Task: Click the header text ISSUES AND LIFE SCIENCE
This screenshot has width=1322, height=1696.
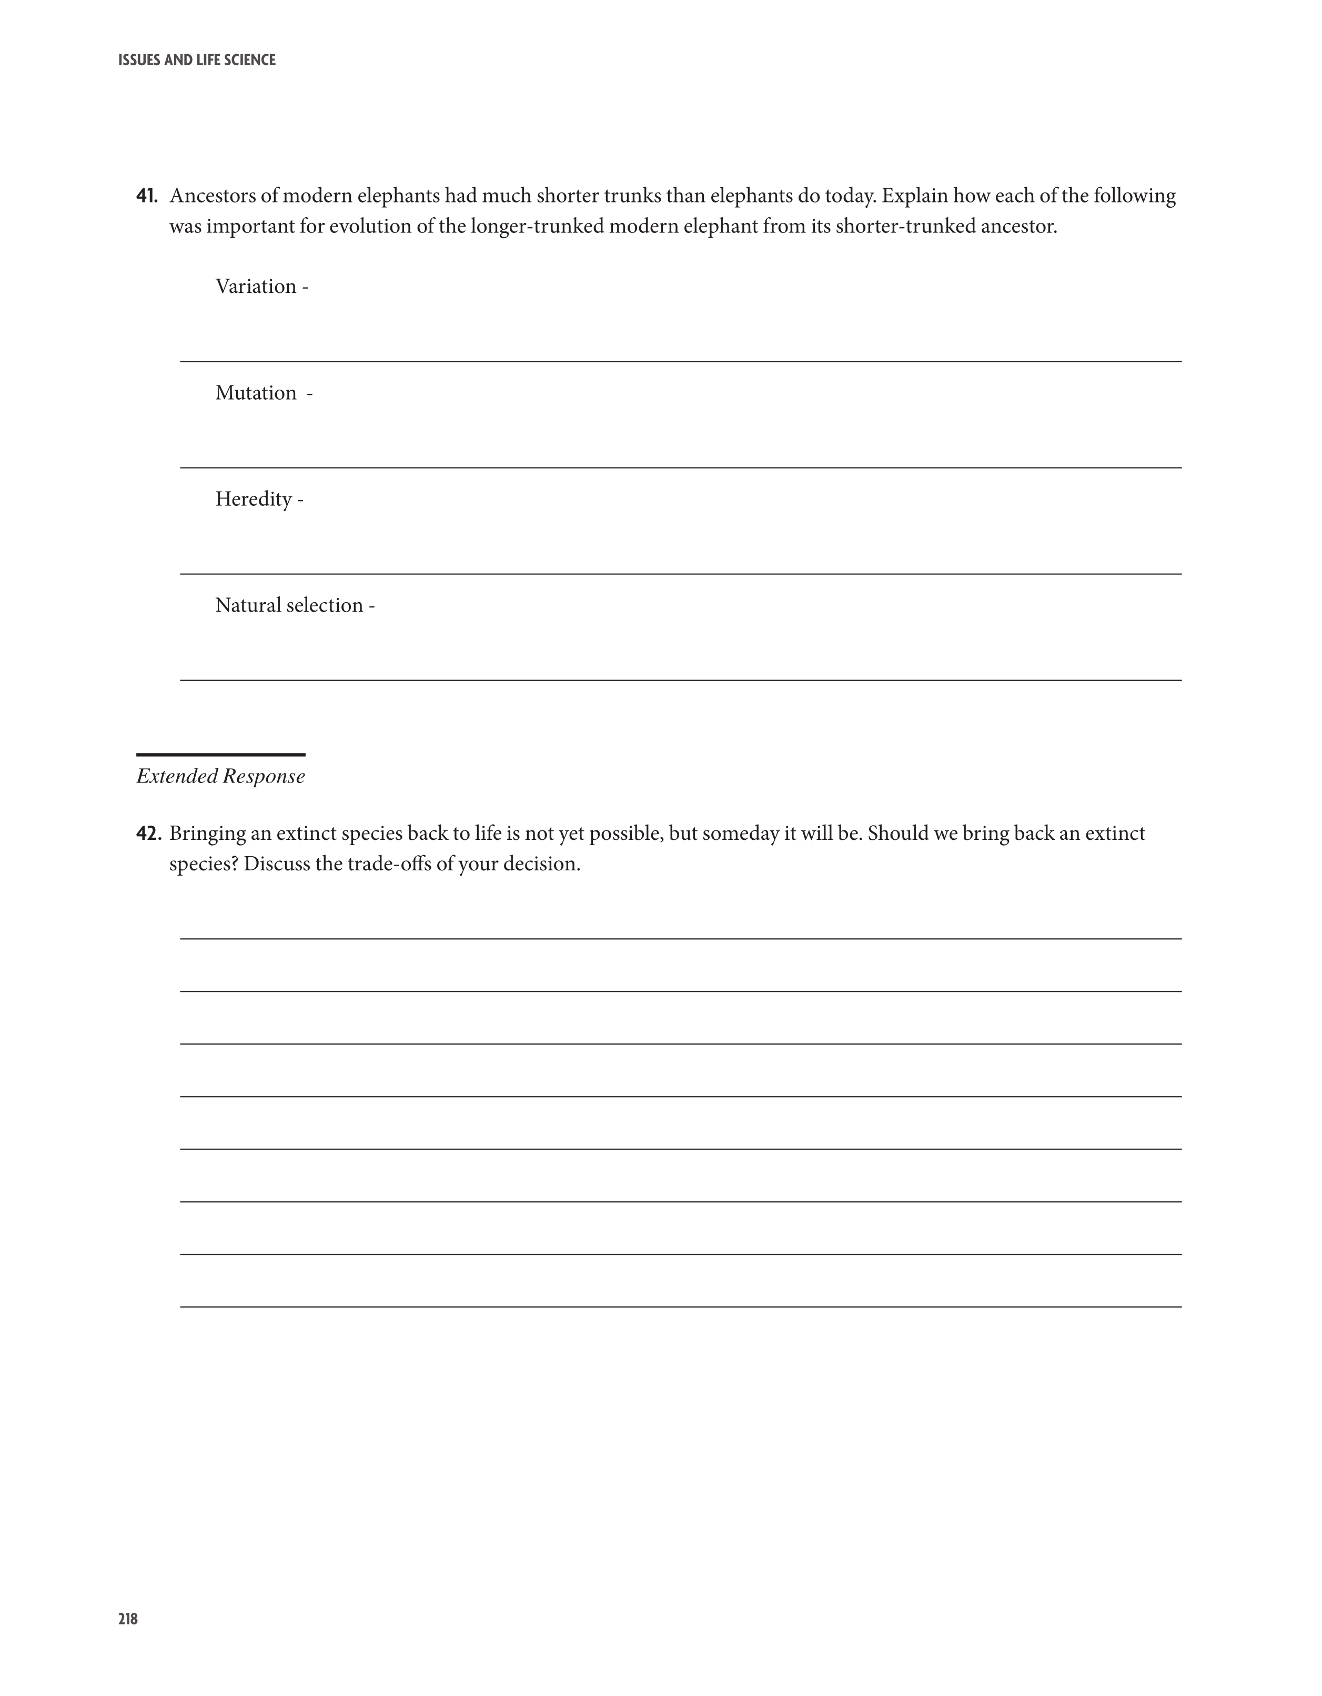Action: pyautogui.click(x=197, y=60)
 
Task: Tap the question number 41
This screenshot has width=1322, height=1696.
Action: pyautogui.click(x=146, y=196)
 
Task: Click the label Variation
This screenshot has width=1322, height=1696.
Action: pyautogui.click(x=256, y=287)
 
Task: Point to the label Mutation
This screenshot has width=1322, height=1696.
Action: pyautogui.click(x=256, y=393)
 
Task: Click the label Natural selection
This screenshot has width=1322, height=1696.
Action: pyautogui.click(x=289, y=606)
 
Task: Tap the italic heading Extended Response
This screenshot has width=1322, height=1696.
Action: pyautogui.click(x=220, y=777)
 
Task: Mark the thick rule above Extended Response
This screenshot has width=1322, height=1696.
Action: pyautogui.click(x=220, y=755)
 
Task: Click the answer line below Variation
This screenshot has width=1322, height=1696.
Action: pyautogui.click(x=680, y=361)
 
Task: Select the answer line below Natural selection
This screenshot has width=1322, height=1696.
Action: pyautogui.click(x=680, y=681)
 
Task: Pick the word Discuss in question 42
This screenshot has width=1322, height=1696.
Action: pyautogui.click(x=277, y=865)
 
